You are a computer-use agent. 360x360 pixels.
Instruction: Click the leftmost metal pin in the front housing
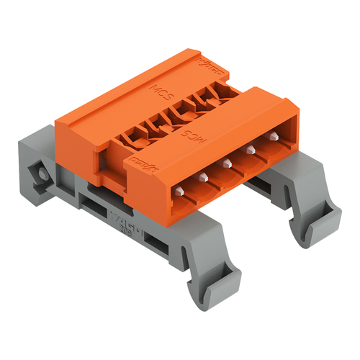click(179, 191)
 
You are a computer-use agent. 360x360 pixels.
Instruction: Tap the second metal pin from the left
click(204, 177)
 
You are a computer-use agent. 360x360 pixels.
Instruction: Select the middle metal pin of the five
click(227, 163)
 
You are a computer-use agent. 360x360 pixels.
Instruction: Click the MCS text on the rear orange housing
click(160, 92)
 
